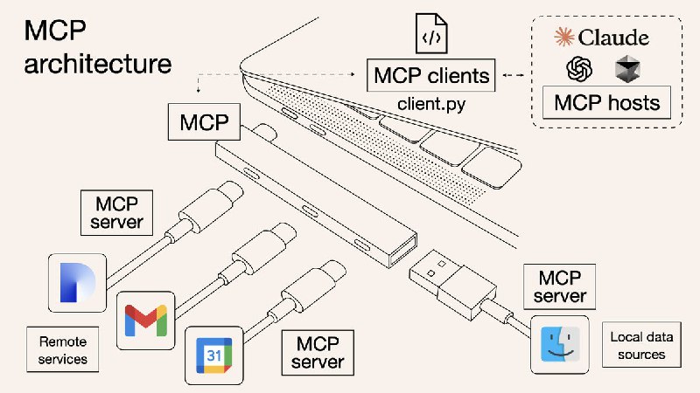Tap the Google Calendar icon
pos(213,355)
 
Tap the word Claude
pos(614,37)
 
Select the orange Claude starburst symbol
pos(565,37)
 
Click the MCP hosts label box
pos(605,103)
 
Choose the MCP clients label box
pos(431,75)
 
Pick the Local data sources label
pos(638,346)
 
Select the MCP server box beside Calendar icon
pos(318,351)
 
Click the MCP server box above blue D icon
pos(115,213)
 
